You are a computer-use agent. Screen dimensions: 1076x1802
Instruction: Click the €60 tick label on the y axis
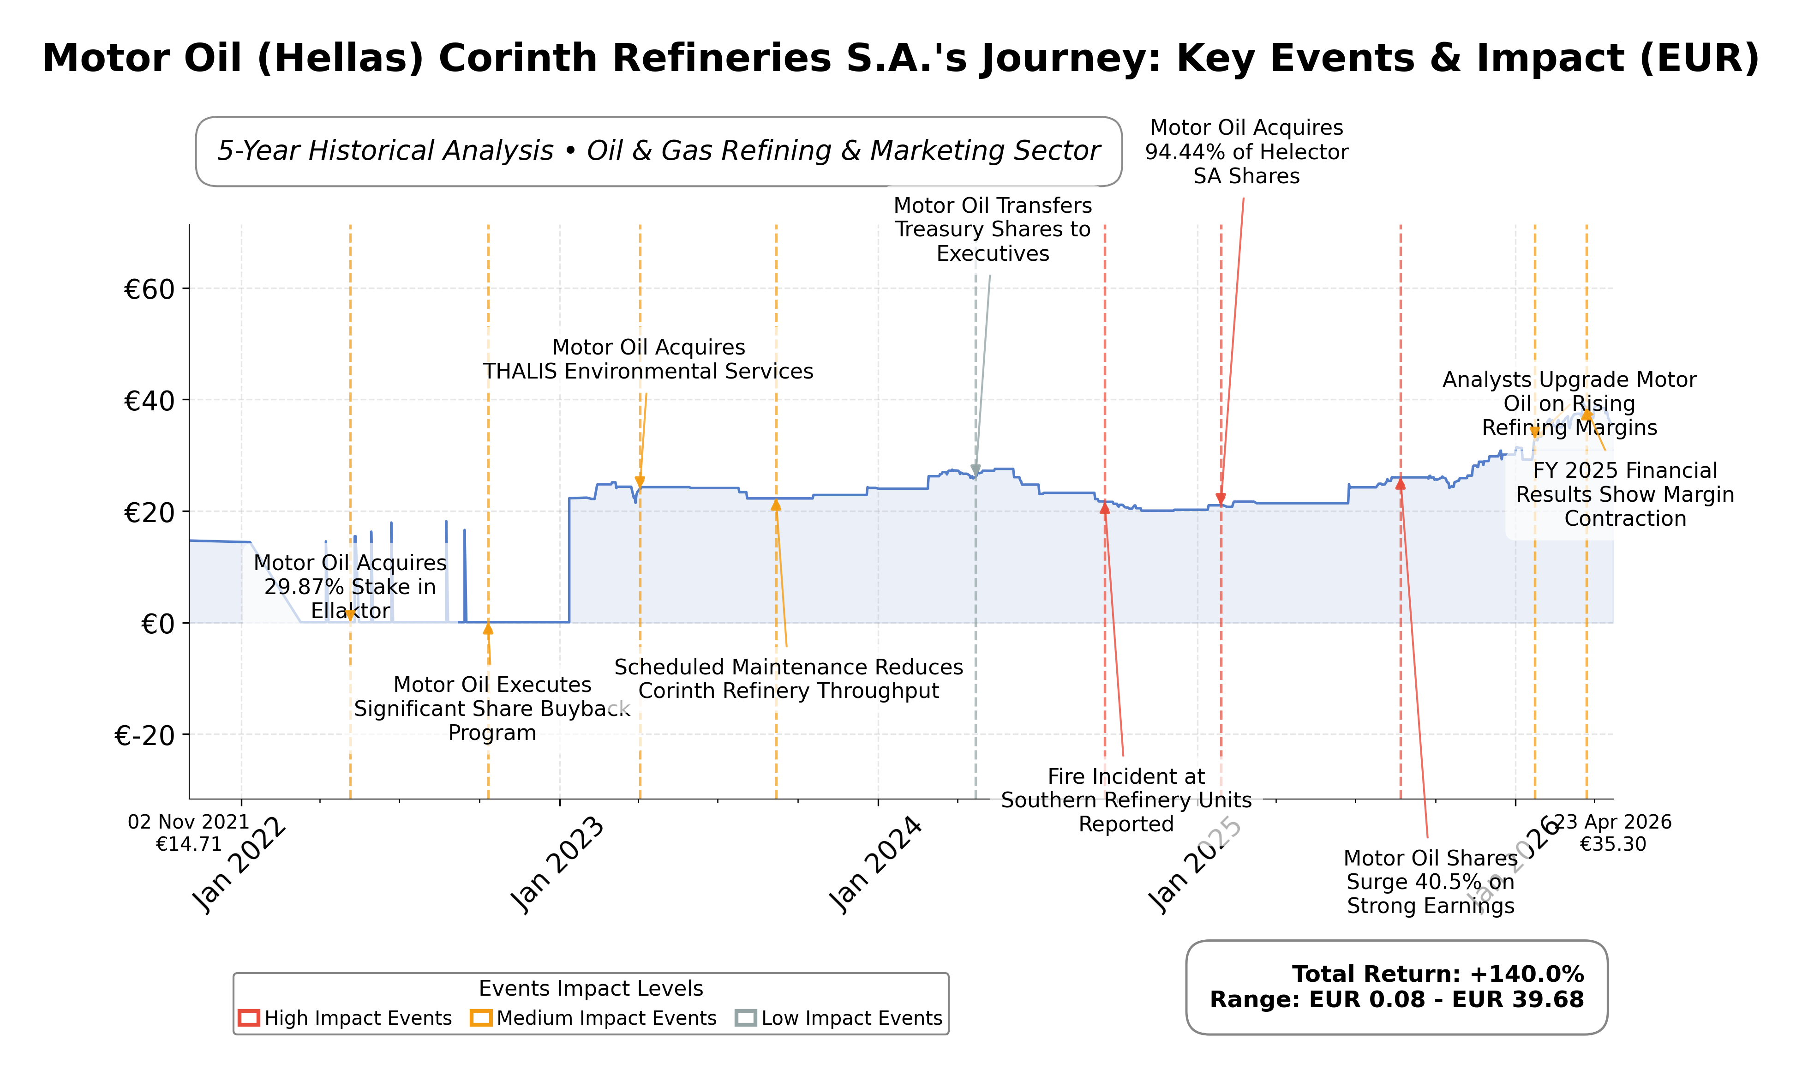coord(150,289)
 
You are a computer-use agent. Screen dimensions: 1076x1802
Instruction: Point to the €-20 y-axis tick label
coord(145,736)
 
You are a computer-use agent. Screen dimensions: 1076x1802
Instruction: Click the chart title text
coord(900,58)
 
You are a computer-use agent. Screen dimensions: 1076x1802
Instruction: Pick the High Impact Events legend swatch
coord(249,1018)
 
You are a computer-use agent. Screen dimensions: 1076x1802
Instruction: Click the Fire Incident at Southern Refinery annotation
coord(1126,800)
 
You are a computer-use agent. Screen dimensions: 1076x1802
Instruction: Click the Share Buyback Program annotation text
coord(492,709)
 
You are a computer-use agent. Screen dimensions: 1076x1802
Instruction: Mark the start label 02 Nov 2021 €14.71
coord(188,832)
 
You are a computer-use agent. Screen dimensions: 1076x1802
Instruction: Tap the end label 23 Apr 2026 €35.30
coord(1614,832)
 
